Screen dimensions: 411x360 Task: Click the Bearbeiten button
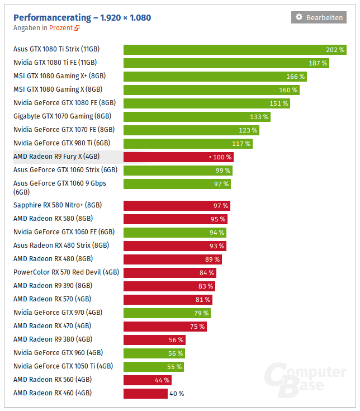pyautogui.click(x=319, y=17)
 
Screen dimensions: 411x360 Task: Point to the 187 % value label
pyautogui.click(x=317, y=63)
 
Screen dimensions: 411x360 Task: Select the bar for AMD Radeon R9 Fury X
pyautogui.click(x=178, y=157)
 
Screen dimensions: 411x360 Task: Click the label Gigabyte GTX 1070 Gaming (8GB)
pyautogui.click(x=62, y=116)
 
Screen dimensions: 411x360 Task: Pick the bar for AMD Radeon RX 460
pyautogui.click(x=145, y=393)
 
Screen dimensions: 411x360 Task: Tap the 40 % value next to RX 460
pyautogui.click(x=177, y=393)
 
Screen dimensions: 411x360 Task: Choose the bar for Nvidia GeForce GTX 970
pyautogui.click(x=167, y=313)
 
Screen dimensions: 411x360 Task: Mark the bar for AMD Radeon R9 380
pyautogui.click(x=154, y=339)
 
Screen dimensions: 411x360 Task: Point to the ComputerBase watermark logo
pyautogui.click(x=305, y=380)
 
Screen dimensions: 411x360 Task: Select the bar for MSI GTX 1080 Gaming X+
pyautogui.click(x=215, y=76)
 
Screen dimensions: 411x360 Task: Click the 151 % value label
pyautogui.click(x=278, y=103)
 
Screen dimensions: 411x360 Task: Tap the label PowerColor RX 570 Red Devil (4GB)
pyautogui.click(x=66, y=272)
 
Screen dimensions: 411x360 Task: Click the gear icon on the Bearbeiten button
pyautogui.click(x=299, y=17)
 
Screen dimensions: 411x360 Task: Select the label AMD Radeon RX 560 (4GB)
pyautogui.click(x=53, y=380)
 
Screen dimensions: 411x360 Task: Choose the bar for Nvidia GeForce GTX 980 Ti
pyautogui.click(x=188, y=143)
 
